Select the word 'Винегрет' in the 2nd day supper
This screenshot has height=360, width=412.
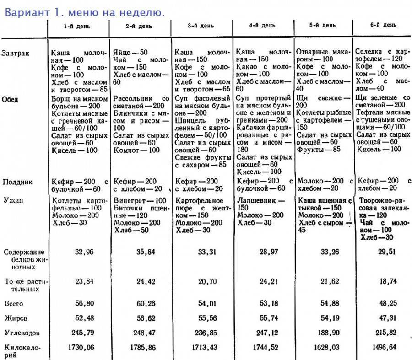(128, 200)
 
